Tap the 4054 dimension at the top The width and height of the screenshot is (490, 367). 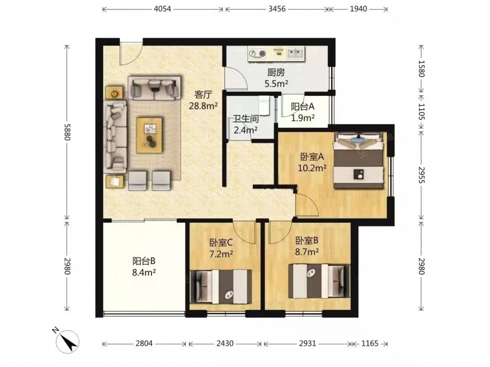click(x=163, y=9)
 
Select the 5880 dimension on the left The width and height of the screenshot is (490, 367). click(x=66, y=132)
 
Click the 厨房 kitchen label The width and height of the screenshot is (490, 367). click(x=276, y=73)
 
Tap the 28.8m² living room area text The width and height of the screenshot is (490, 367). click(x=203, y=106)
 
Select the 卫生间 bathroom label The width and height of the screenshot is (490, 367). click(x=246, y=119)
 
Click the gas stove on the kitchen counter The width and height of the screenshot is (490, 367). click(x=257, y=54)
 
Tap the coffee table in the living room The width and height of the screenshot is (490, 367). click(x=150, y=135)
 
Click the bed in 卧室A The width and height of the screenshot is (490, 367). click(x=358, y=161)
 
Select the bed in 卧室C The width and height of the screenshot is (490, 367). click(x=221, y=286)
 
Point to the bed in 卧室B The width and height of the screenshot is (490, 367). click(x=319, y=281)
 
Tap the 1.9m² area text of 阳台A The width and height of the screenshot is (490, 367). click(x=303, y=117)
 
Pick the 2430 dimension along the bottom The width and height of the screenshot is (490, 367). click(x=225, y=344)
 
